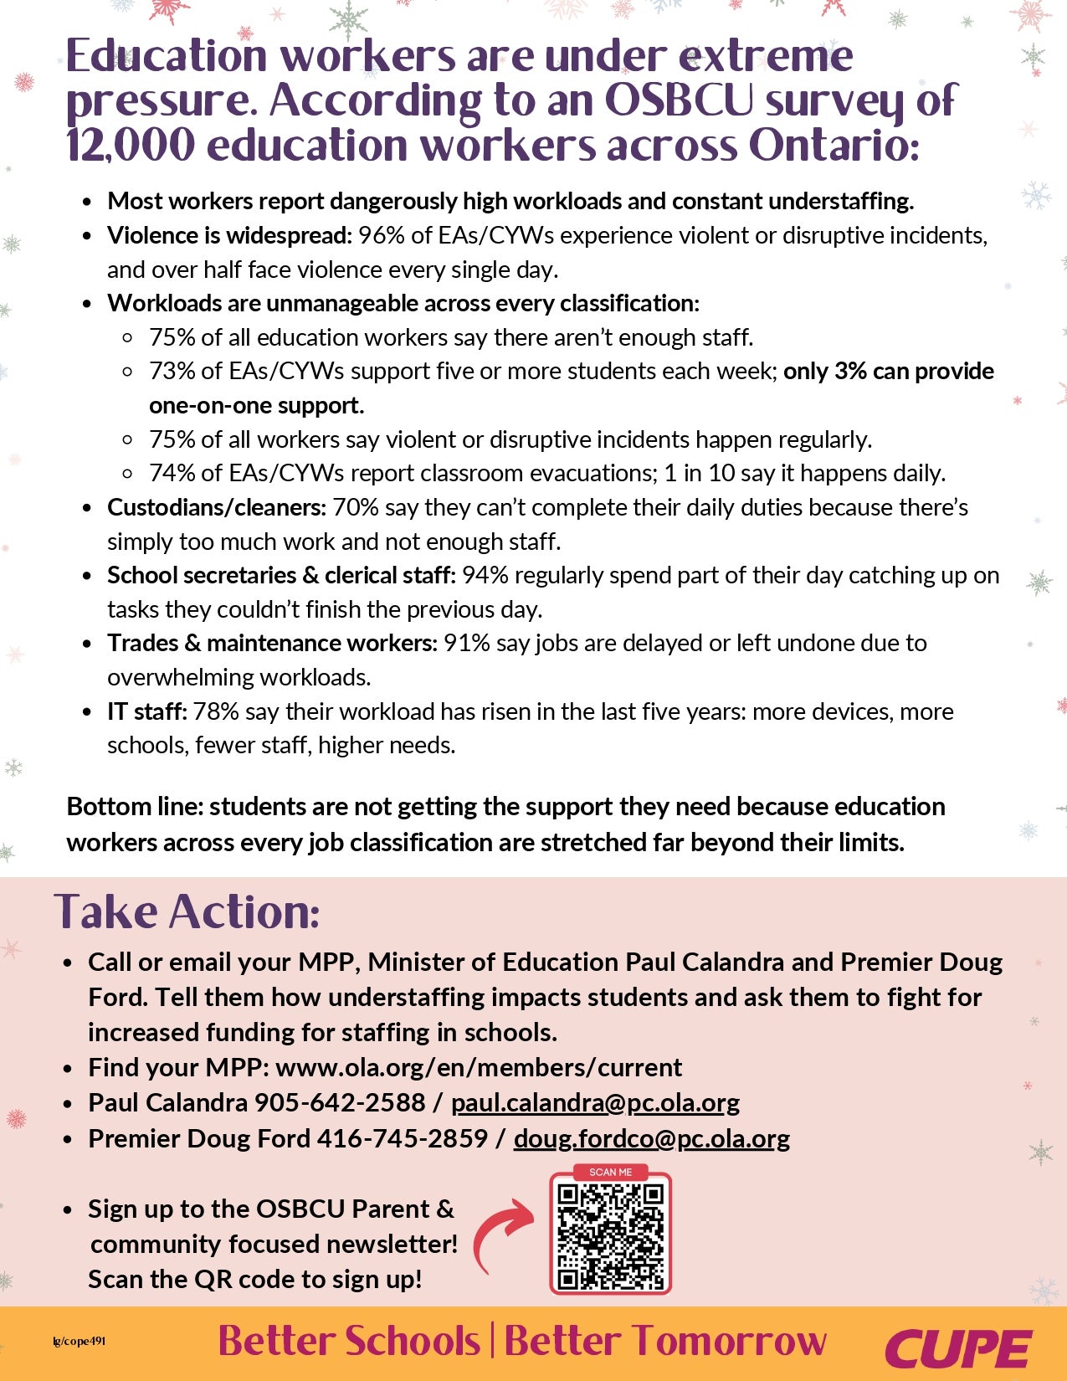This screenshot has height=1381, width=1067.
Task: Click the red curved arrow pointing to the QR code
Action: pos(502,1234)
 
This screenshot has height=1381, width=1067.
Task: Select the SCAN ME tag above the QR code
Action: pos(611,1172)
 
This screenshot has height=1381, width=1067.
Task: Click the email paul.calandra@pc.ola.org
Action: pos(595,1103)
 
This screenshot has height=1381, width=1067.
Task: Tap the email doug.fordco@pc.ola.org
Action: pos(651,1139)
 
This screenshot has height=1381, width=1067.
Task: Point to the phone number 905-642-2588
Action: pos(340,1103)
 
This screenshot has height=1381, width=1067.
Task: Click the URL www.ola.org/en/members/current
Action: pos(479,1068)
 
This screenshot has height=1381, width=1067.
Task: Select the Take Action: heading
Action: pos(187,911)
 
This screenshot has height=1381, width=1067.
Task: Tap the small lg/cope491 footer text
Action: pos(79,1342)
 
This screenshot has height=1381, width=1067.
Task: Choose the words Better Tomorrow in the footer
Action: pos(665,1341)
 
